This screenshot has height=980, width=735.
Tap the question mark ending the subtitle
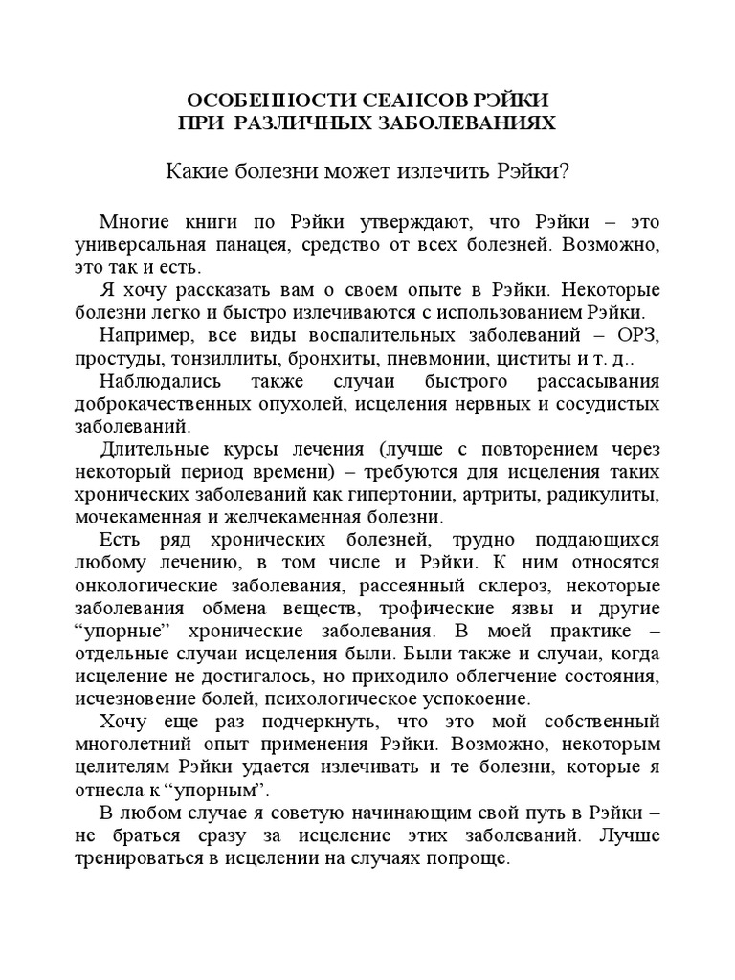565,171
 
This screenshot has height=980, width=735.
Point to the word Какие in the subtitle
197,171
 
